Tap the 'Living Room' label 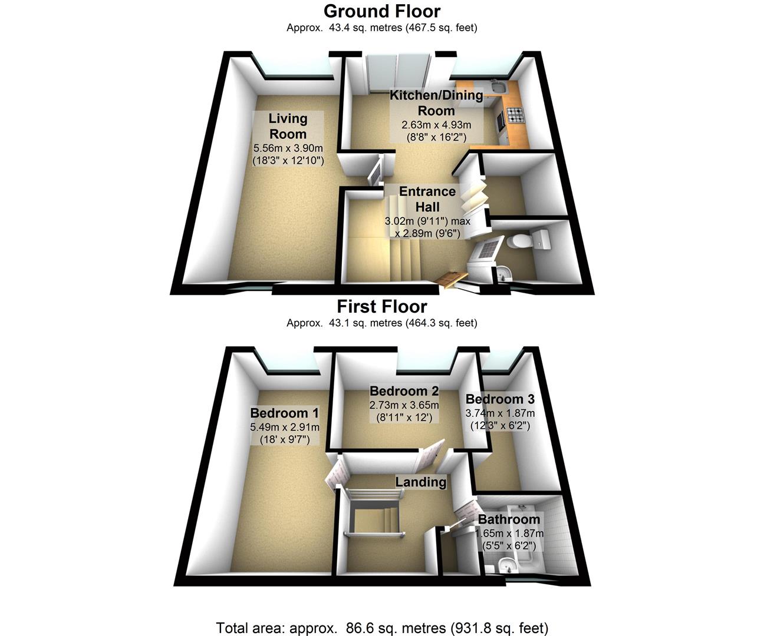tap(288, 126)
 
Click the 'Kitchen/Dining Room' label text tap(436, 102)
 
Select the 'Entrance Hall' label tap(427, 199)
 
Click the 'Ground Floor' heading tap(381, 11)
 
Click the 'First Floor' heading tap(381, 307)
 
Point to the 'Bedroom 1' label tap(279, 413)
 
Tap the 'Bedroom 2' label tap(404, 391)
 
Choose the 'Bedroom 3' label tap(500, 399)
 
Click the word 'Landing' tap(420, 482)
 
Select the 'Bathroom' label tap(509, 519)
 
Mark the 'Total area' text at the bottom tap(382, 628)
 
